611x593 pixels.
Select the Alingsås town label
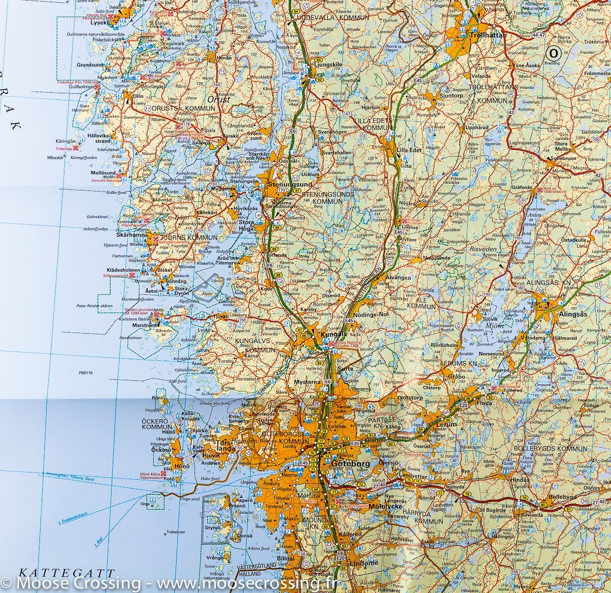tap(572, 314)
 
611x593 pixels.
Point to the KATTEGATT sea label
tap(66, 572)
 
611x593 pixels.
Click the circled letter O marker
tap(553, 53)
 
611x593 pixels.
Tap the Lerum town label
tap(446, 424)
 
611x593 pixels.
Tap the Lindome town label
tap(364, 562)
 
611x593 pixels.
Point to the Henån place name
tap(223, 57)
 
